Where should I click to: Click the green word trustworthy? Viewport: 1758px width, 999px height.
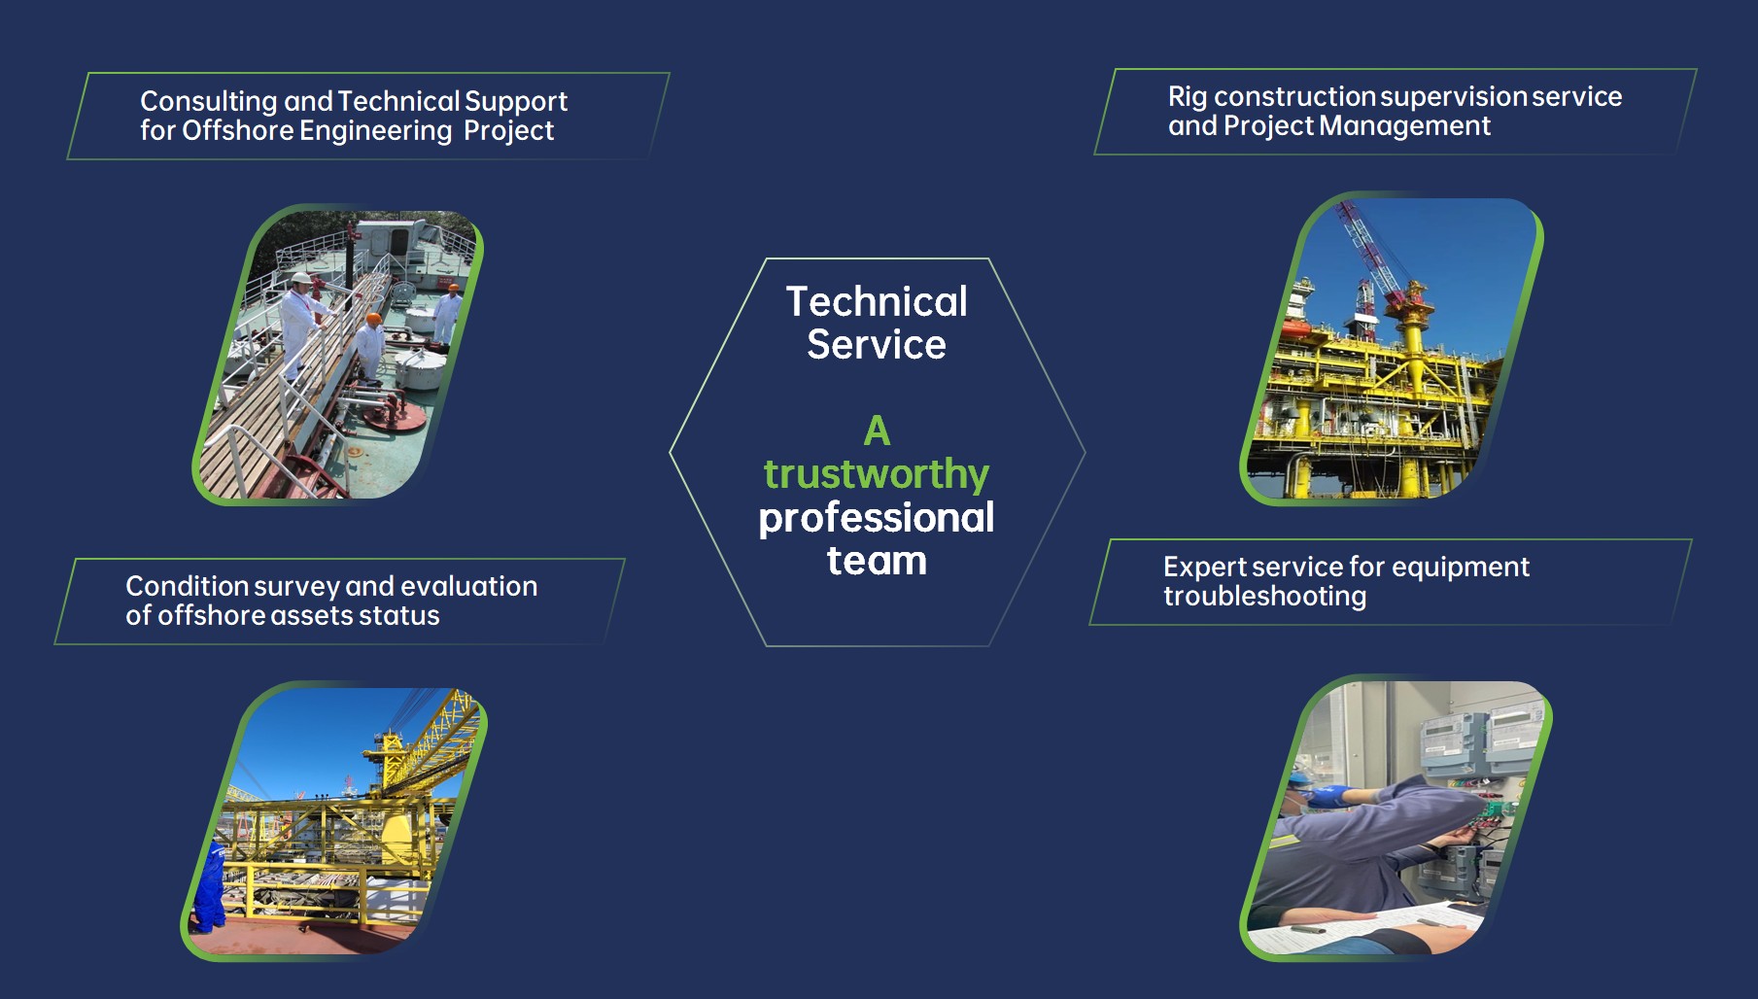877,475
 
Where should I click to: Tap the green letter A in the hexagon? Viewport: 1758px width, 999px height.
877,431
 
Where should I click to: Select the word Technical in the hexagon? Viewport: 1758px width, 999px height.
877,301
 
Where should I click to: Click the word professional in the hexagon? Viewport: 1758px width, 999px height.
877,518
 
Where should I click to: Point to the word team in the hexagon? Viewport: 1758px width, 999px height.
877,561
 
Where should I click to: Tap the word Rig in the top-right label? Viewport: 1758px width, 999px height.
1188,97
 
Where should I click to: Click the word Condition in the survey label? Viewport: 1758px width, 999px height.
188,586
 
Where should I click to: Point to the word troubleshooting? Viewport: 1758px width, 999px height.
1265,596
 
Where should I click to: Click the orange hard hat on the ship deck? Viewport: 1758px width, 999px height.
372,319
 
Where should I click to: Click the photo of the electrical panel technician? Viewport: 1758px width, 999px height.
1396,817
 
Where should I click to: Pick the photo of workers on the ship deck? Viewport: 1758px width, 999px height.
337,355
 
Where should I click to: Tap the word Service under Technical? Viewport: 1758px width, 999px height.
877,345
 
